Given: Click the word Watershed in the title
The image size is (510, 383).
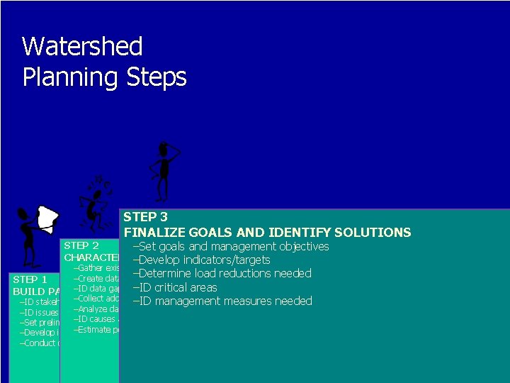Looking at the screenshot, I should click(x=82, y=47).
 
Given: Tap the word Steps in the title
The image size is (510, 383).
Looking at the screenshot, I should click(x=156, y=77).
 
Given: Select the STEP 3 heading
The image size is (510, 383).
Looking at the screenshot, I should click(x=145, y=217).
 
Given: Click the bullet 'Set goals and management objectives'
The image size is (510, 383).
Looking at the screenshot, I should click(x=231, y=246).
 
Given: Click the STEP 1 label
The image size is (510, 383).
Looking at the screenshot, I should click(x=30, y=279).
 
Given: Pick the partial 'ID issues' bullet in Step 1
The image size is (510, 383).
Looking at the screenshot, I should click(x=39, y=312).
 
